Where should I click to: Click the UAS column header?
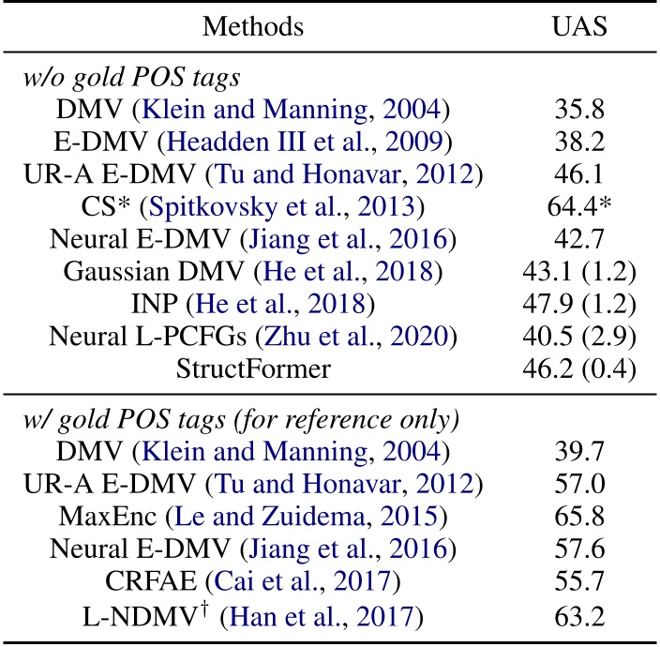pyautogui.click(x=578, y=25)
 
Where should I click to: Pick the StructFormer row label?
pyautogui.click(x=253, y=369)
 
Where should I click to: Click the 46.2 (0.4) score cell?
pyautogui.click(x=578, y=369)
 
